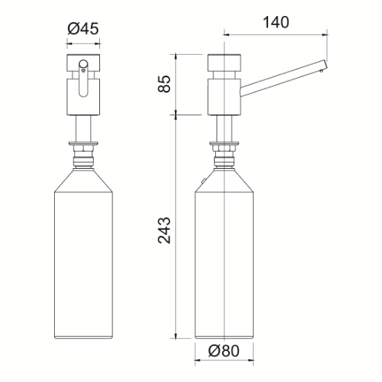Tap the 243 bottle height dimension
click(x=165, y=229)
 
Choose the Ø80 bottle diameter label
click(x=227, y=352)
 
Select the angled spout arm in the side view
click(x=281, y=78)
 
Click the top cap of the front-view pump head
click(x=84, y=60)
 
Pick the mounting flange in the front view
click(x=84, y=144)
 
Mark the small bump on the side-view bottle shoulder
click(x=201, y=183)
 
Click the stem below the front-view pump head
click(x=84, y=128)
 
